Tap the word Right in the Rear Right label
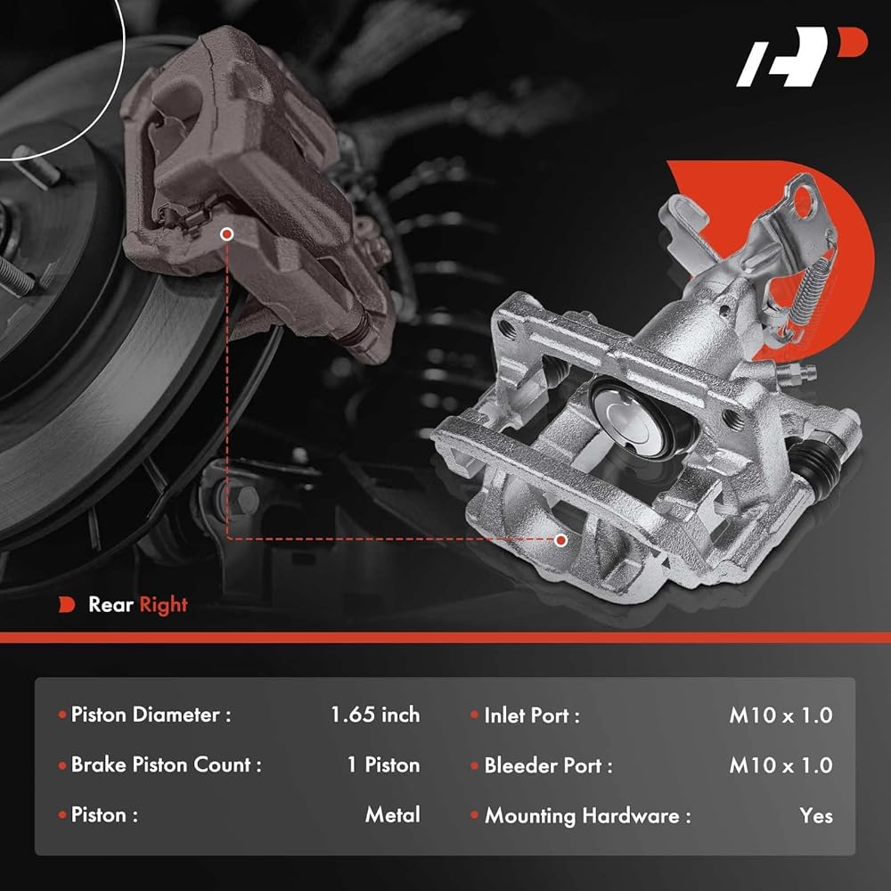coord(163,605)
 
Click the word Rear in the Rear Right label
coord(110,604)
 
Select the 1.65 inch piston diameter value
coord(375,715)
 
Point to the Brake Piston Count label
coord(166,764)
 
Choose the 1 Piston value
coord(383,764)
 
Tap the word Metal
coord(393,814)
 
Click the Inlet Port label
coord(532,715)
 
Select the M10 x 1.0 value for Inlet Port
coord(781,715)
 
